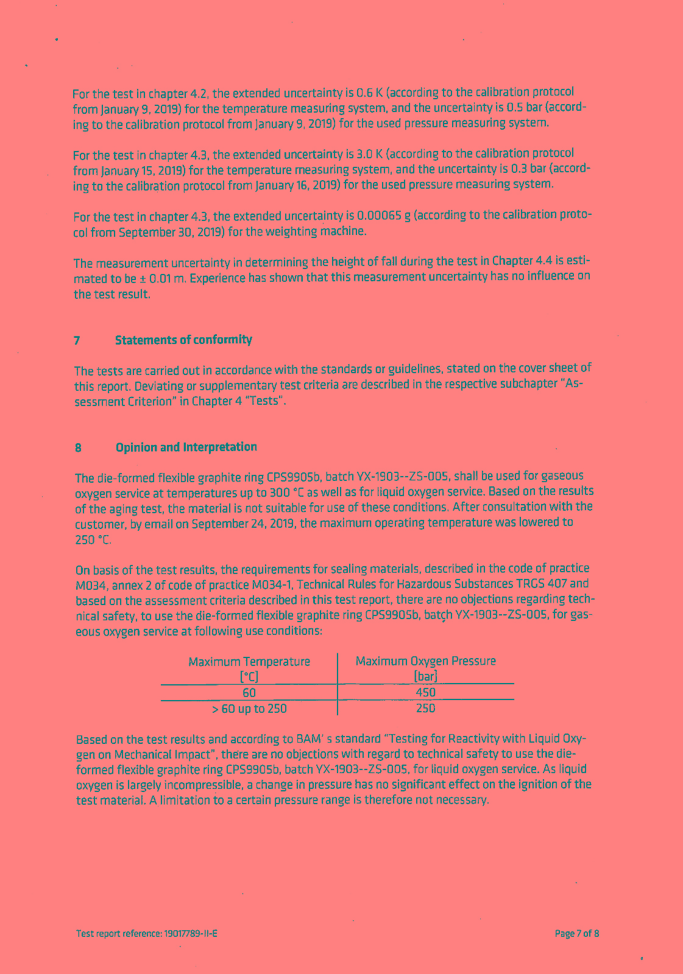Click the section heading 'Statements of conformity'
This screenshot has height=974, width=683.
pyautogui.click(x=183, y=340)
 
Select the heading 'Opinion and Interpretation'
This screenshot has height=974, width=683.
pyautogui.click(x=186, y=447)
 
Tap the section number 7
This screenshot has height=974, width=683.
pyautogui.click(x=77, y=340)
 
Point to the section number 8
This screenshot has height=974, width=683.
pyautogui.click(x=78, y=448)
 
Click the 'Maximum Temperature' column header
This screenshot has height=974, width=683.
pyautogui.click(x=249, y=662)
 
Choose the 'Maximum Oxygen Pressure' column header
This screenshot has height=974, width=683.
pyautogui.click(x=425, y=661)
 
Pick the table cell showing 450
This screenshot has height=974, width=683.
pyautogui.click(x=425, y=692)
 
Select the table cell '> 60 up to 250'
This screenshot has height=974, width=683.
pyautogui.click(x=249, y=709)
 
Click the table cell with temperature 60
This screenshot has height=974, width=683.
pyautogui.click(x=249, y=693)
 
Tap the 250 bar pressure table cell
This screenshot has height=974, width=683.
pyautogui.click(x=425, y=708)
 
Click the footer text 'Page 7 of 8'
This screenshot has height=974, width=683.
pyautogui.click(x=576, y=934)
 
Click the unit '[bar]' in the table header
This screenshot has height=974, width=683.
pyautogui.click(x=425, y=676)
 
